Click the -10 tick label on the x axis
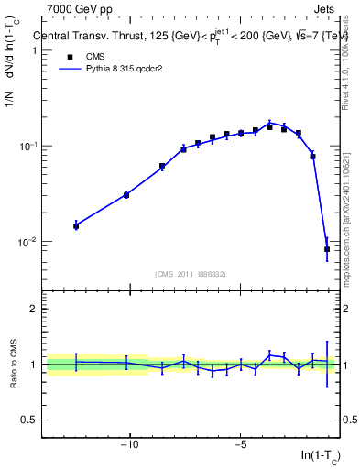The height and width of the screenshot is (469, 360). pyautogui.click(x=130, y=446)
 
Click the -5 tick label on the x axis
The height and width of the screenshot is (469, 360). pyautogui.click(x=240, y=446)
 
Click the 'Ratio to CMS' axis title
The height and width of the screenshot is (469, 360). pyautogui.click(x=14, y=364)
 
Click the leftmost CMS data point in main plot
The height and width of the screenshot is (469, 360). pyautogui.click(x=76, y=225)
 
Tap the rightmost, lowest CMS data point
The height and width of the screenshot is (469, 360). pyautogui.click(x=327, y=249)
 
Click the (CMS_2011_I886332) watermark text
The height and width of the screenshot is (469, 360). pyautogui.click(x=192, y=272)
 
